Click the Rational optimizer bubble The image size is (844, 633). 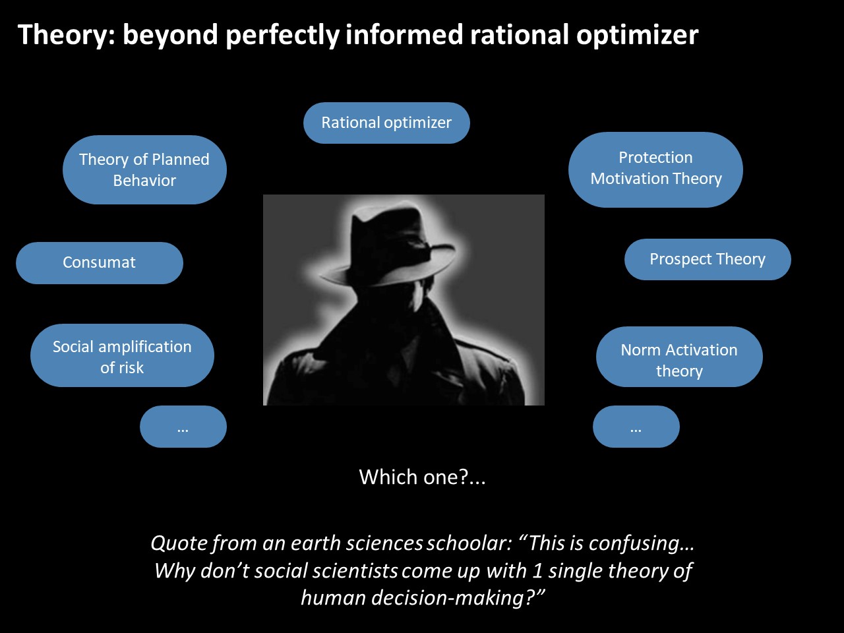386,123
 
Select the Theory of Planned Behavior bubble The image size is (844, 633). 144,169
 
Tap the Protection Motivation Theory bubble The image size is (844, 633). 655,169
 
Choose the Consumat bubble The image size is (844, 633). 99,263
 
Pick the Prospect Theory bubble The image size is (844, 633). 708,259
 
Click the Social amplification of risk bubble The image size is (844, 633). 122,355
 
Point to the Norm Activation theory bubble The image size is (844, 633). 679,356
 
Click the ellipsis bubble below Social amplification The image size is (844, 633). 183,426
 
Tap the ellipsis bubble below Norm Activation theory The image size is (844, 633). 636,426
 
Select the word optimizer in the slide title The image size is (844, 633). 637,36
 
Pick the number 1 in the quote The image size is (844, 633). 537,570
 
